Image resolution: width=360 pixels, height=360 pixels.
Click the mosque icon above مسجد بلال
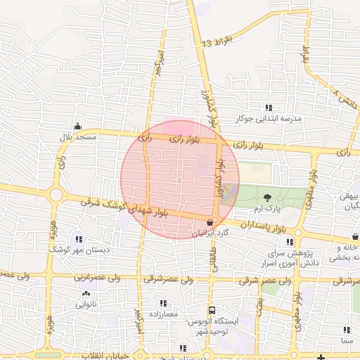pyautogui.click(x=77, y=126)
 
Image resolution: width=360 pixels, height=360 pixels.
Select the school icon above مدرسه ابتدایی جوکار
pyautogui.click(x=268, y=108)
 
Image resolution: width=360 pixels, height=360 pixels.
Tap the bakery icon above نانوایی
pyautogui.click(x=86, y=295)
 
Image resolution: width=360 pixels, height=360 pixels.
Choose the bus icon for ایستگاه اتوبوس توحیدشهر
pyautogui.click(x=211, y=310)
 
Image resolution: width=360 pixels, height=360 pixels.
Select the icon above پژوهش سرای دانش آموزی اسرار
pyautogui.click(x=270, y=242)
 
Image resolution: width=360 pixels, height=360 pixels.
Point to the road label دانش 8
pyautogui.click(x=345, y=98)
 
